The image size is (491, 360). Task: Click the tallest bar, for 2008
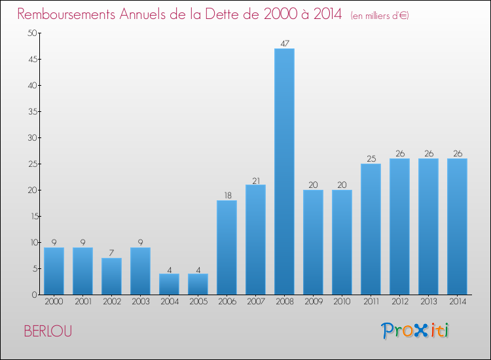click(284, 171)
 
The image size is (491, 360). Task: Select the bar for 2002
click(111, 276)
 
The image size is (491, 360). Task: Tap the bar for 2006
click(227, 247)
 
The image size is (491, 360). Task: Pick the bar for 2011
click(371, 229)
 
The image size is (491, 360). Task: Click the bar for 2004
click(169, 284)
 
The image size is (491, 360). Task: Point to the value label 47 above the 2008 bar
click(284, 44)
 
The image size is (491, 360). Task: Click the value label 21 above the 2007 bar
click(255, 180)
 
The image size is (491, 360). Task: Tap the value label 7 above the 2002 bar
click(111, 253)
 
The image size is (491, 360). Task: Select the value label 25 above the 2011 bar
click(371, 159)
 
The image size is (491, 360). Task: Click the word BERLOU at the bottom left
click(48, 331)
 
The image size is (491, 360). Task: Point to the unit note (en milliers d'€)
click(380, 16)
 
